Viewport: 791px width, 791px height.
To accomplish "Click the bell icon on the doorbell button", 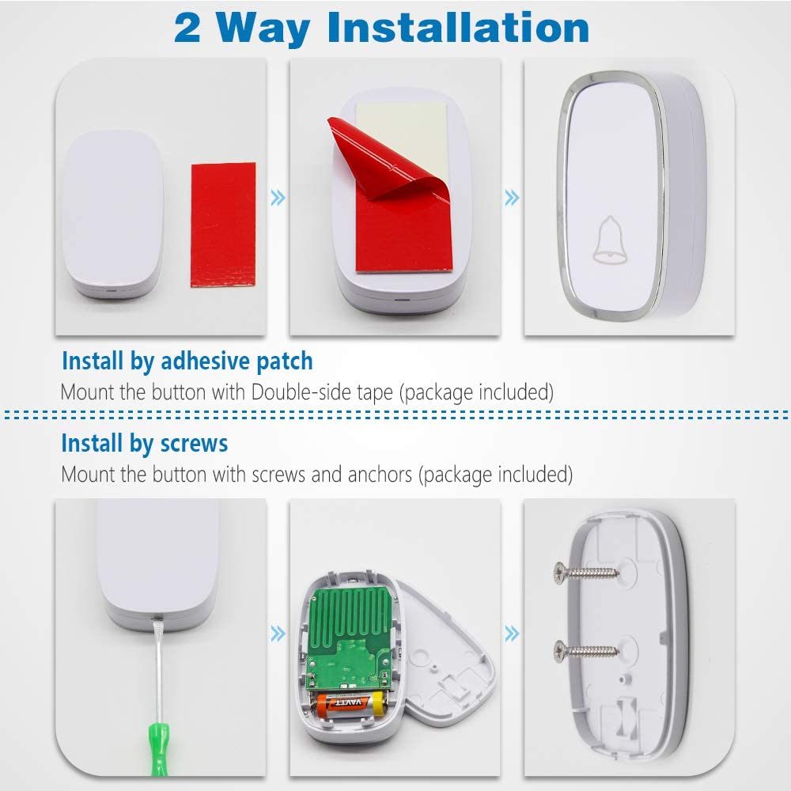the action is click(x=610, y=240).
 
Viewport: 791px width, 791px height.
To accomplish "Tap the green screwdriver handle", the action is click(x=158, y=748).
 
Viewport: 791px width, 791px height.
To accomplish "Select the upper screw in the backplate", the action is click(x=586, y=572).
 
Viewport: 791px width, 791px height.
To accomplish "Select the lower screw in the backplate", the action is click(x=586, y=649).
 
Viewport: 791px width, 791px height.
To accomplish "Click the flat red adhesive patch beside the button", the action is click(x=223, y=225).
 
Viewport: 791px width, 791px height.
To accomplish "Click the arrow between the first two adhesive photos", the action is click(x=278, y=198).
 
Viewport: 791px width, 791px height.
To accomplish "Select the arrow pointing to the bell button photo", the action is click(x=512, y=198).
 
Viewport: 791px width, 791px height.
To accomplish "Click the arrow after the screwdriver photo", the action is click(x=278, y=634).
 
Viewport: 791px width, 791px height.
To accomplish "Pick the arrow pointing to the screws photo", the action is click(x=512, y=634).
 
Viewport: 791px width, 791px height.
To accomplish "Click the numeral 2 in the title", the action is click(x=187, y=28).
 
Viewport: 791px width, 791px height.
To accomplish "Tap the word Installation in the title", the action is click(x=458, y=27).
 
